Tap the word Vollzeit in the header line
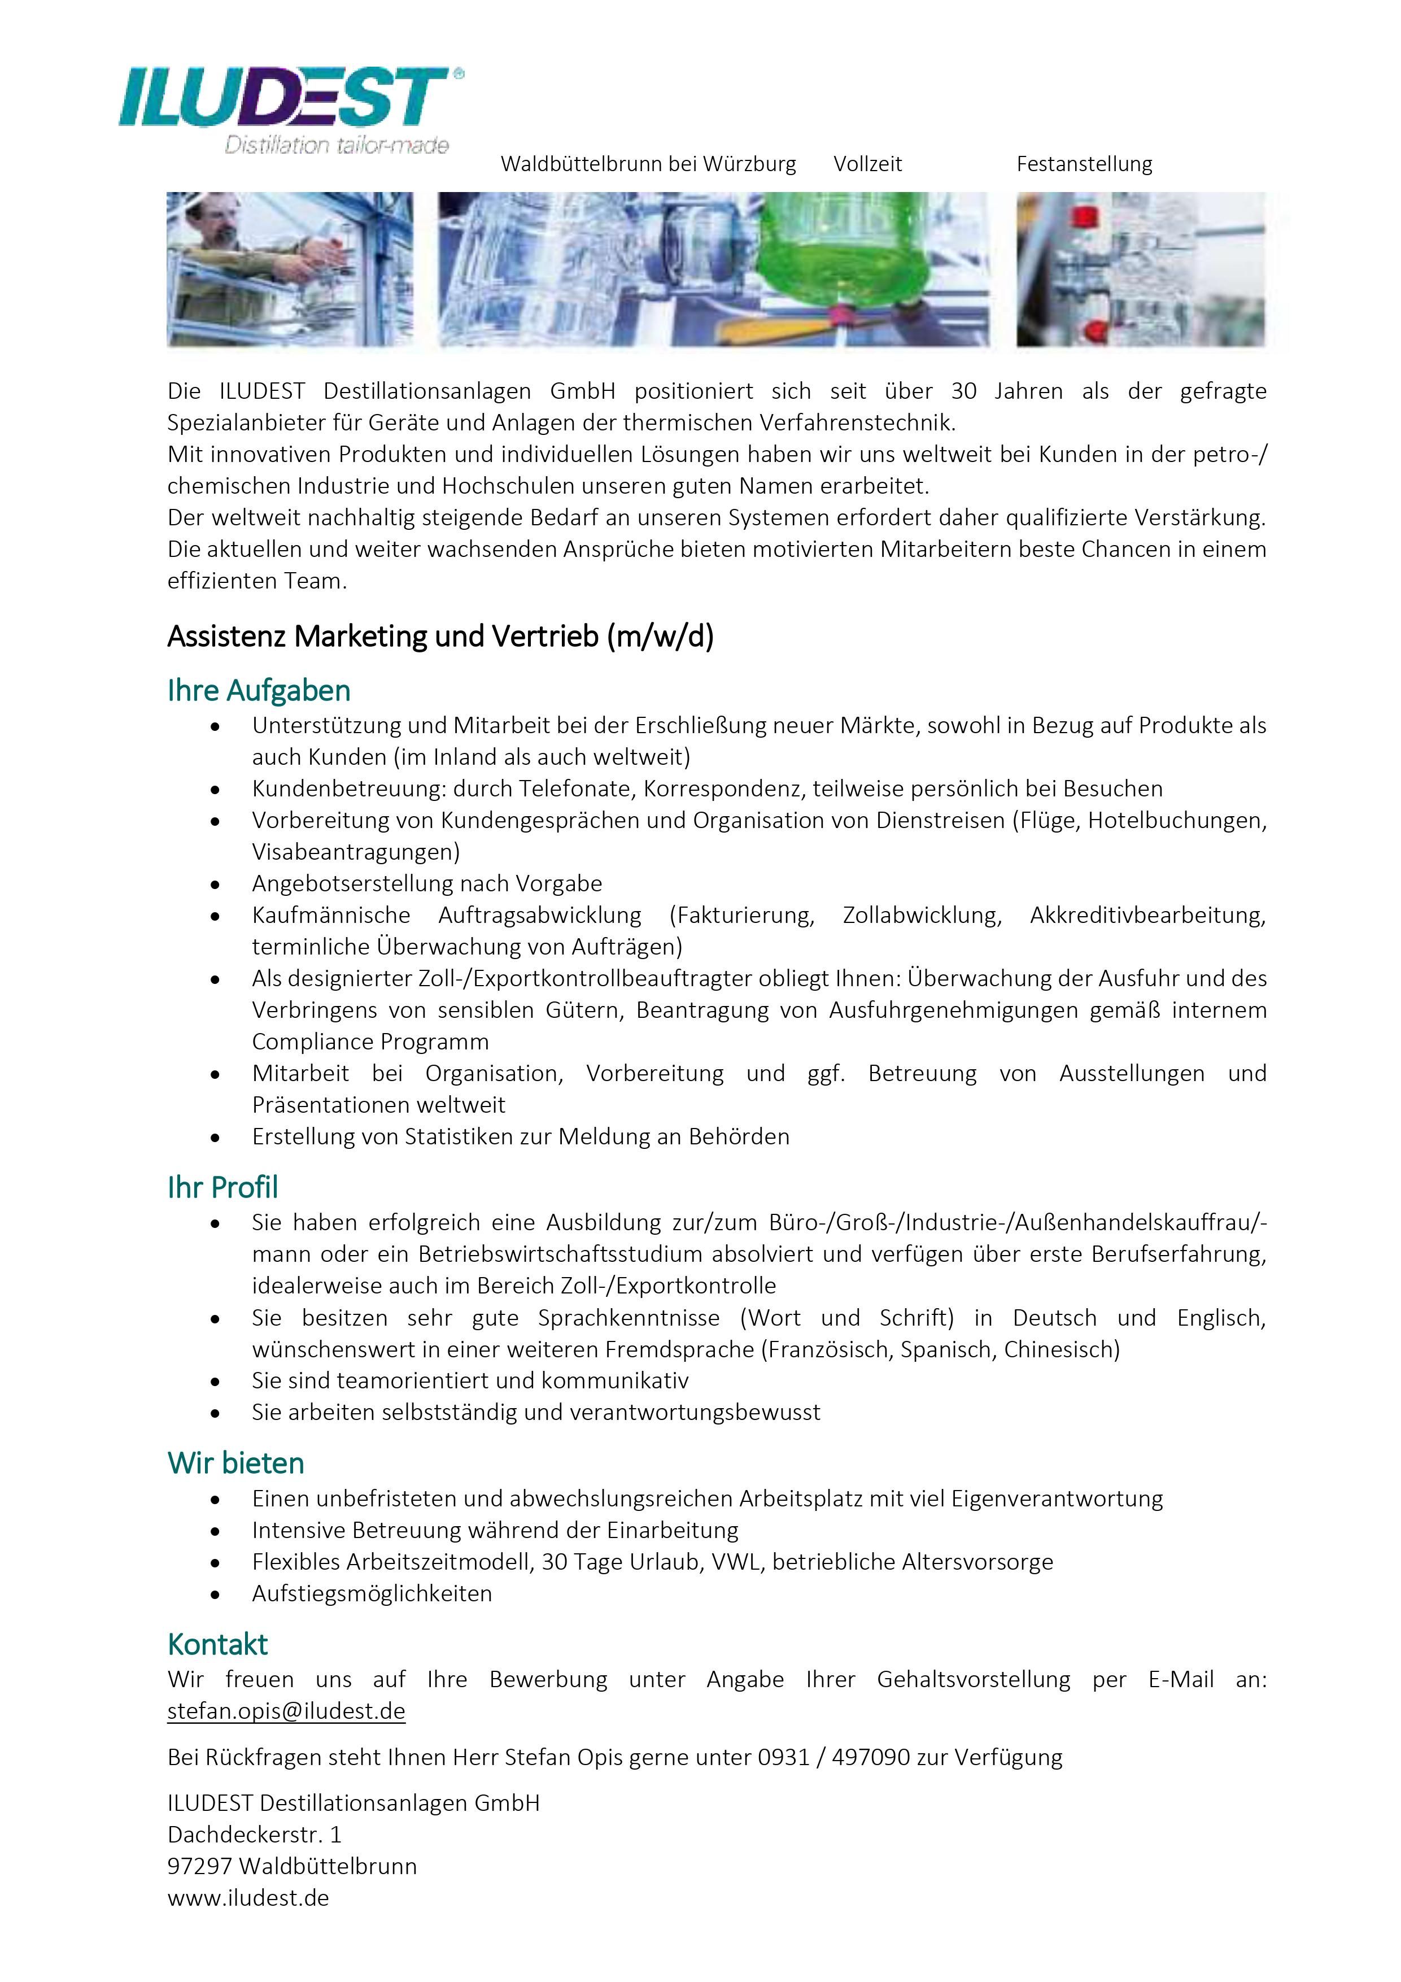[867, 164]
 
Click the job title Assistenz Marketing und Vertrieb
[440, 636]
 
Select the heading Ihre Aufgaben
[259, 691]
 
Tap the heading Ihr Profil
[222, 1188]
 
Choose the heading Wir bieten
[235, 1463]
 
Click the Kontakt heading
[217, 1644]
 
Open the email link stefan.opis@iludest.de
[286, 1711]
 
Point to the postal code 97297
[199, 1866]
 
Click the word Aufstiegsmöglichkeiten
[372, 1593]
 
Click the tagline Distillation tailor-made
[337, 146]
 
